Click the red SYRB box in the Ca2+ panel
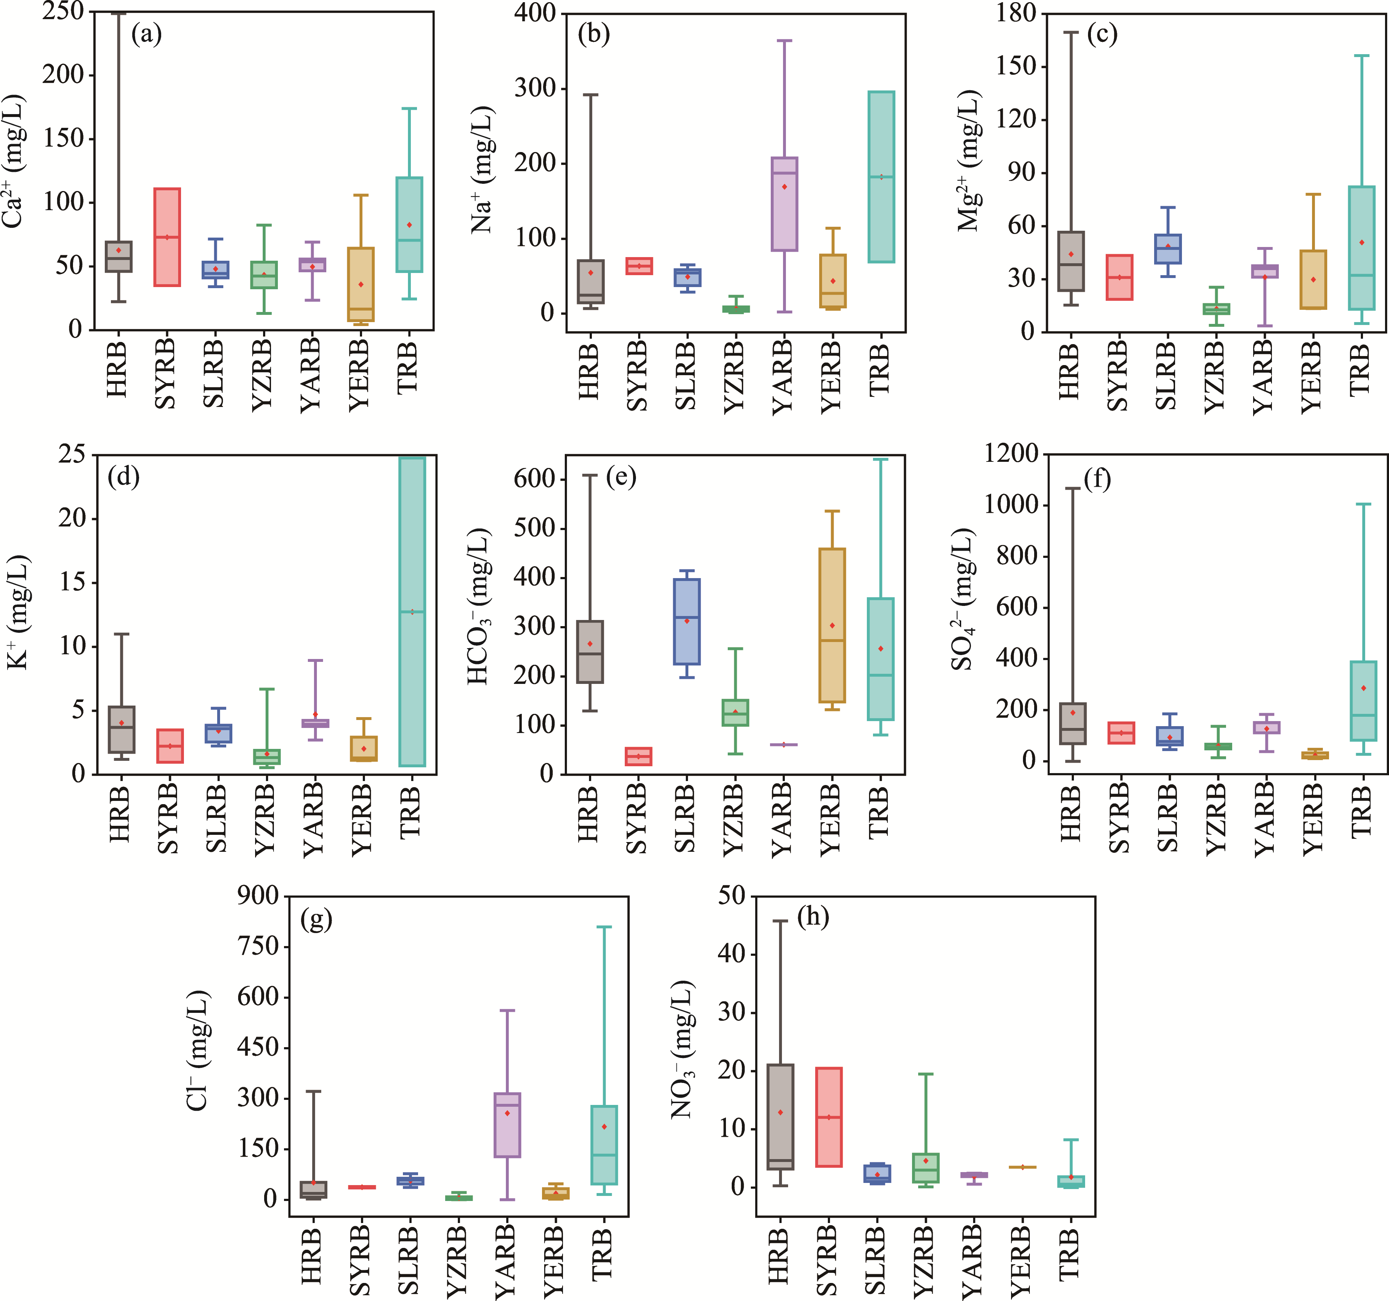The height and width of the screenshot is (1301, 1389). point(167,238)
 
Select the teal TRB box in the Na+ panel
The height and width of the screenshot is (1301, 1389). point(881,177)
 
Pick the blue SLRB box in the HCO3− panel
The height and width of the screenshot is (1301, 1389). point(687,621)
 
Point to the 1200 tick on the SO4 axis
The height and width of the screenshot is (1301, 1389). point(1011,454)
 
